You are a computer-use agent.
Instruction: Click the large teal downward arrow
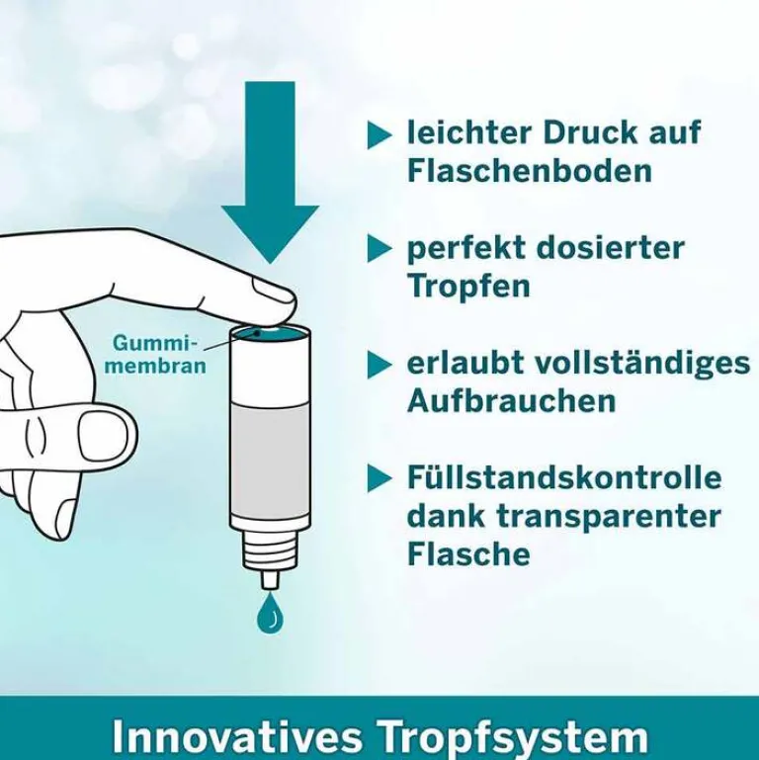[x=270, y=178]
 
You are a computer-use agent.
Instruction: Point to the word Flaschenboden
[x=530, y=170]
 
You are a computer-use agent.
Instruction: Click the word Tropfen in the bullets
[x=468, y=286]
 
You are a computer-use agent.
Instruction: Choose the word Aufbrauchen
[x=511, y=400]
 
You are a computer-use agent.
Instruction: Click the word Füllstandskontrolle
[x=564, y=477]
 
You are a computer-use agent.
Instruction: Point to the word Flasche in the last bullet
[x=468, y=553]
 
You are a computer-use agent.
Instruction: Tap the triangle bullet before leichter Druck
[x=379, y=134]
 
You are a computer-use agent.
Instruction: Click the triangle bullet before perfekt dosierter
[x=379, y=248]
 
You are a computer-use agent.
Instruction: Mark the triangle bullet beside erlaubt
[x=379, y=364]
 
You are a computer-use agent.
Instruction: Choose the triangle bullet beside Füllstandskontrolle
[x=379, y=478]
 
